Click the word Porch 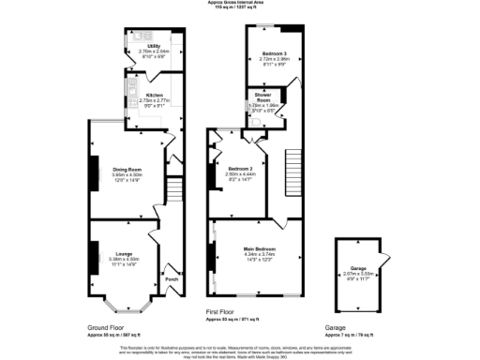click(x=172, y=278)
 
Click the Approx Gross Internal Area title click(x=239, y=3)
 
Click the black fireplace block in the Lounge click(x=92, y=254)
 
